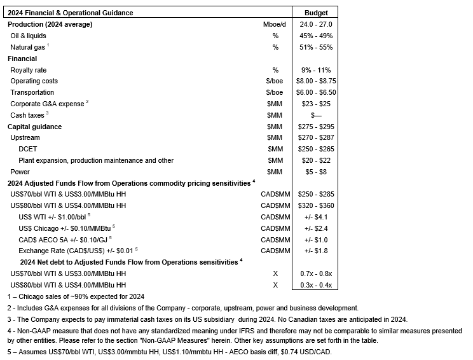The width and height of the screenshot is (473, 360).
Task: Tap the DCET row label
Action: (x=28, y=149)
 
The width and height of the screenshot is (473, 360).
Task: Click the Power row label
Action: (x=20, y=172)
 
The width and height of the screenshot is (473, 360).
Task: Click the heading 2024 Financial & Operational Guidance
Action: (x=70, y=13)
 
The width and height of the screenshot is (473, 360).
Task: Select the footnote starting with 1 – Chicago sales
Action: (x=76, y=296)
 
